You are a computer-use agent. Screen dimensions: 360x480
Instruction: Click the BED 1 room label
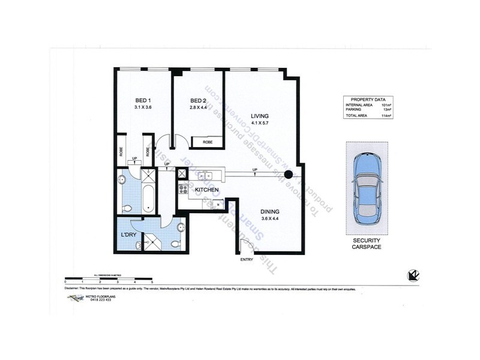tap(142, 100)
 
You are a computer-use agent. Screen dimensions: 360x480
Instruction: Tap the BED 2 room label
tap(199, 100)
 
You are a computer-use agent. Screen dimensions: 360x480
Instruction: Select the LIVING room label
tap(259, 116)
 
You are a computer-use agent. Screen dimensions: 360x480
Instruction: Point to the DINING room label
tap(271, 211)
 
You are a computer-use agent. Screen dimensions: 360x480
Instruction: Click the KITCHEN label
tap(206, 190)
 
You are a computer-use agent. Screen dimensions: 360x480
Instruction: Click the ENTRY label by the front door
tap(247, 259)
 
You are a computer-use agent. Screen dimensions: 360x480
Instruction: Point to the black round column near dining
tap(288, 175)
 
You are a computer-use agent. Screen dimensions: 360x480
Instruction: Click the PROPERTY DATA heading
tap(368, 99)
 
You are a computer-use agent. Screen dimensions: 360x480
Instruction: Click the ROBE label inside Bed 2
tap(207, 143)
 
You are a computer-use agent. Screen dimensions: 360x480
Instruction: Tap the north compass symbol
tap(413, 275)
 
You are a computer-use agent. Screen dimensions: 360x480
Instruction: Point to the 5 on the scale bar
tap(152, 281)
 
